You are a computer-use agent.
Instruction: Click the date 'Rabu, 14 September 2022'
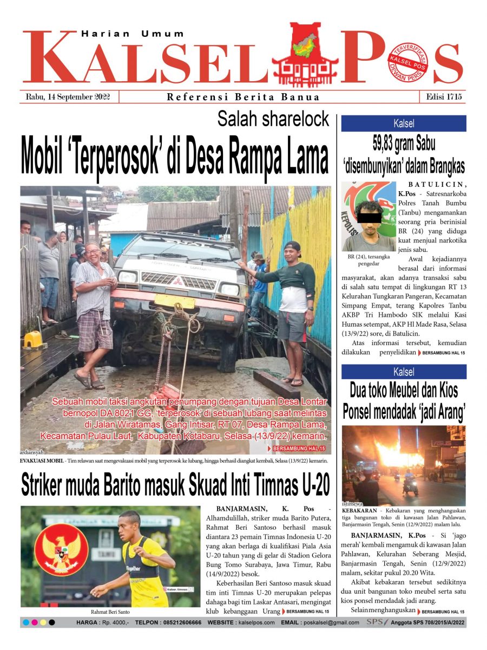pos(68,97)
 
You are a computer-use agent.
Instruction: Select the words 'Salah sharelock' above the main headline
pos(273,119)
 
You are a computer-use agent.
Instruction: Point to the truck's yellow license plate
pos(174,301)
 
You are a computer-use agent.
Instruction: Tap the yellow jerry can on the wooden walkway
pos(33,339)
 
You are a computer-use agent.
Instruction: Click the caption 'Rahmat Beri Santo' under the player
pos(110,612)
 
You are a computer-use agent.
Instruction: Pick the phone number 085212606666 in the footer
pos(175,623)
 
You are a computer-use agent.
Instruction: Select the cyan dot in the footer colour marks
pos(25,623)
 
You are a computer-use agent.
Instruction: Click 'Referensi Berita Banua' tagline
pos(243,97)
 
